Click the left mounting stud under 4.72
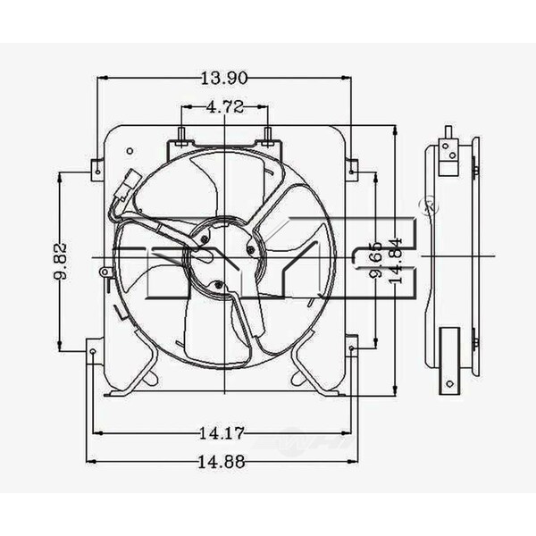[x=182, y=136]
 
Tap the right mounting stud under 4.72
[x=267, y=136]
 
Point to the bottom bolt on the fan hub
[x=217, y=285]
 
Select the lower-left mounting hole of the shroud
[x=94, y=352]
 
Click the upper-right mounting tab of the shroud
[x=352, y=167]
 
